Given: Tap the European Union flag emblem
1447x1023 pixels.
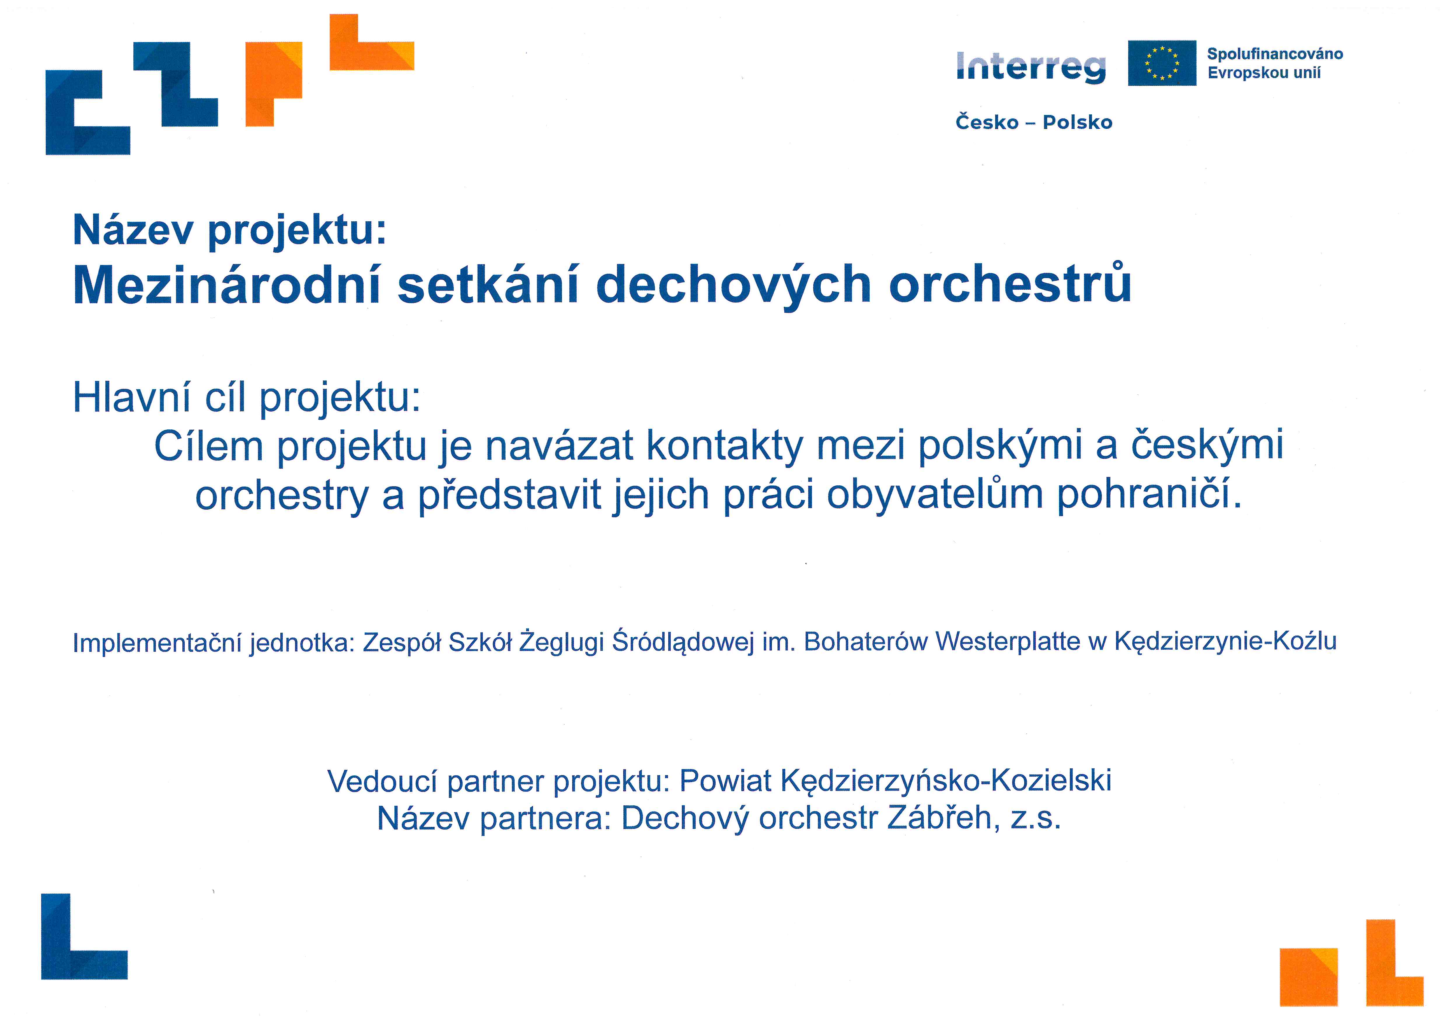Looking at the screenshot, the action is tap(1161, 63).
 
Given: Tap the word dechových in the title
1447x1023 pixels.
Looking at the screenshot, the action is tap(733, 286).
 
